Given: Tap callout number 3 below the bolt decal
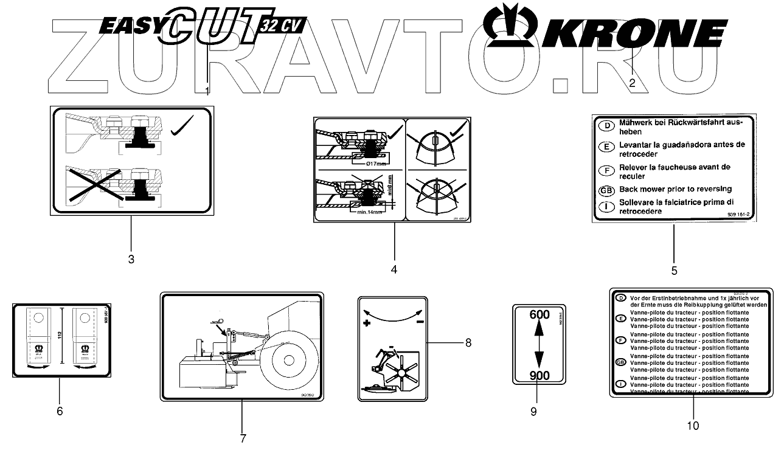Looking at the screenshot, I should coord(131,259).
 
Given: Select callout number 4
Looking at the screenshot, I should coord(394,268).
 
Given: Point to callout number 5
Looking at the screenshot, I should coord(674,270).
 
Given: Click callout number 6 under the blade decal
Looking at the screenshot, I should coord(60,411).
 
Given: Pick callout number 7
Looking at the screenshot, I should coord(242,438).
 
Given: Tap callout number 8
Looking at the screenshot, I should coord(468,342).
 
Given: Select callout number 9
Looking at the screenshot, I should coord(533,412).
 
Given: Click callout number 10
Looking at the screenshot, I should coord(693,426).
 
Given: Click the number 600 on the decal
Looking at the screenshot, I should coord(539,315).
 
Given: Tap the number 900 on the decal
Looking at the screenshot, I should coord(539,375).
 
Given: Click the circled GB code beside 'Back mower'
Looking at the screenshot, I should coord(606,190).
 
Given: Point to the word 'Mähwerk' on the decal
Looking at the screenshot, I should coord(636,123).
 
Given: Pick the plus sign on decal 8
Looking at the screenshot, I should coord(367,324).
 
